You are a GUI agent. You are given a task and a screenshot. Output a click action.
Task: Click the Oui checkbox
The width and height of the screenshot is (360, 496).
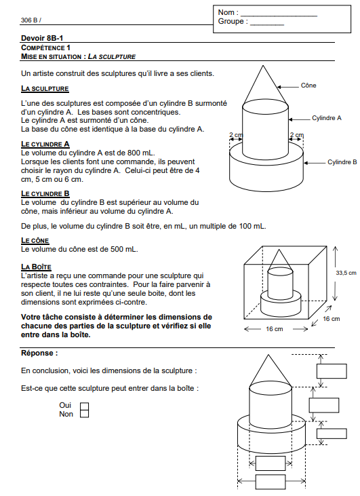[84, 406]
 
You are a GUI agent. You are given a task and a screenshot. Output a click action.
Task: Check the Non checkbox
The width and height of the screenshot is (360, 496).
[84, 414]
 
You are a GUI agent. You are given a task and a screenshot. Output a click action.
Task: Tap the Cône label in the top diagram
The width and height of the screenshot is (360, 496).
[308, 85]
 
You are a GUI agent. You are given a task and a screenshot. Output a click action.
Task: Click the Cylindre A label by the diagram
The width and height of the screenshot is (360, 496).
[327, 118]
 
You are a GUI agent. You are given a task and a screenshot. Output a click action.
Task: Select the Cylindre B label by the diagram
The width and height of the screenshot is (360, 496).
[342, 162]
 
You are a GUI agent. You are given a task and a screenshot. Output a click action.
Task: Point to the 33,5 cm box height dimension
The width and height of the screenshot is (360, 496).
[346, 273]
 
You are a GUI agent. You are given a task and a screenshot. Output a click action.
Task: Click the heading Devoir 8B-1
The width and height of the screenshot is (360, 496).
[42, 38]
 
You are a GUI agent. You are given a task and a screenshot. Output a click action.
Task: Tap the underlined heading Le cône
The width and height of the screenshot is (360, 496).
[35, 240]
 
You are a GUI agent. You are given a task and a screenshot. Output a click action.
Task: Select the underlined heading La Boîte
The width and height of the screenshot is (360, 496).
[36, 267]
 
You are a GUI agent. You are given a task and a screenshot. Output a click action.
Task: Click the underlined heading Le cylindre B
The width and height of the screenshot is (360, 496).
[45, 193]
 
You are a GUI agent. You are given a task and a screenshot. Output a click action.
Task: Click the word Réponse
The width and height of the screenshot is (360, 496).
[39, 353]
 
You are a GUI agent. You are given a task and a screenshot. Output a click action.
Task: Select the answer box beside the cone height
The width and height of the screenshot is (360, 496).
[332, 371]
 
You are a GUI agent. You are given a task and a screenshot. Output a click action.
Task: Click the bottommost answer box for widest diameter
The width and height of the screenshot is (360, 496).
[271, 482]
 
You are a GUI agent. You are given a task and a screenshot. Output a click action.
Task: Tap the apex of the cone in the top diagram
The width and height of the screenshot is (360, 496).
[262, 66]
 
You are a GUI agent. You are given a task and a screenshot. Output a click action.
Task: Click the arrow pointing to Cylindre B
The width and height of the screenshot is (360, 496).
[315, 163]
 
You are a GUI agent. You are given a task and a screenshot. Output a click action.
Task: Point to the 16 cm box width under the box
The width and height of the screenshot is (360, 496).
[275, 329]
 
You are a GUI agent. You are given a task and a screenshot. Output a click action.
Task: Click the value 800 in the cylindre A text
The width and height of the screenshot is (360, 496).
[134, 153]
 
